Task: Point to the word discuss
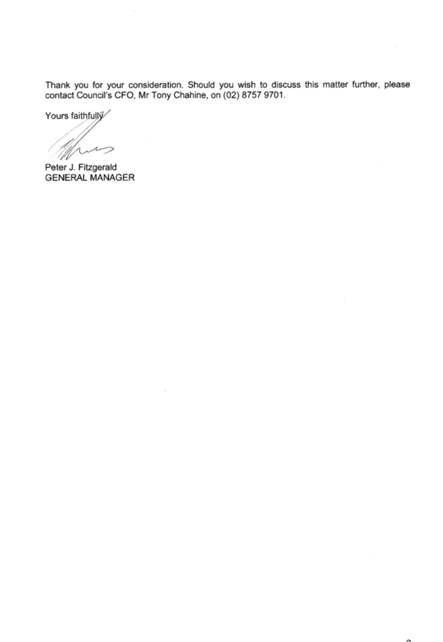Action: (x=286, y=85)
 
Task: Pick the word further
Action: (x=365, y=85)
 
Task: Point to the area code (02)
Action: (x=231, y=96)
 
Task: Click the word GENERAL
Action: (x=66, y=178)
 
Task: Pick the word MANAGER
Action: (x=112, y=178)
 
